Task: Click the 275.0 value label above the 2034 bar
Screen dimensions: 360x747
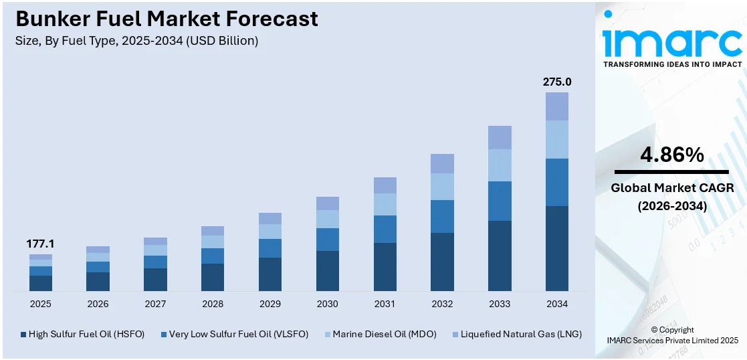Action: (x=556, y=82)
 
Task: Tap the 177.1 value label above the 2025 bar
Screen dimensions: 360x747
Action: (x=40, y=244)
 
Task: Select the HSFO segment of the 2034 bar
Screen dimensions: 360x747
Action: (x=556, y=248)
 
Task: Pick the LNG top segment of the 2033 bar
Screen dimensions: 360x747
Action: (x=500, y=137)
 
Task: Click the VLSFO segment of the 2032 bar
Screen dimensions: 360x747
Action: (x=442, y=216)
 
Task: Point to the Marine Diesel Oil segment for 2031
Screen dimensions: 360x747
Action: (x=385, y=204)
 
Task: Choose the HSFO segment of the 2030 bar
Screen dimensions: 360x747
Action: (x=327, y=271)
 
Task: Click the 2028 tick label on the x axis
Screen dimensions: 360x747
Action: (x=213, y=304)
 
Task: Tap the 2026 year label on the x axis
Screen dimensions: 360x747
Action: (x=98, y=304)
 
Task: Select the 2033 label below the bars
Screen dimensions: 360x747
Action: (x=500, y=304)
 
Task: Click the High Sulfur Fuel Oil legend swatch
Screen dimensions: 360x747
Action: (x=23, y=334)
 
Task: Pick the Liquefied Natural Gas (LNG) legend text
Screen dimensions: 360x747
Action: (x=521, y=334)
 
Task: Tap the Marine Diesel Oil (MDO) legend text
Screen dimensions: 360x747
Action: (x=384, y=334)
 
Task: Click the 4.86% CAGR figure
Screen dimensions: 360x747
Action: (x=672, y=155)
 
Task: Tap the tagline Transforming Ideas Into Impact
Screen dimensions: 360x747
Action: (x=672, y=64)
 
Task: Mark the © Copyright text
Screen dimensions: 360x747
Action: (x=672, y=330)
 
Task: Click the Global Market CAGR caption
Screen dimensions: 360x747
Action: (x=672, y=188)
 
